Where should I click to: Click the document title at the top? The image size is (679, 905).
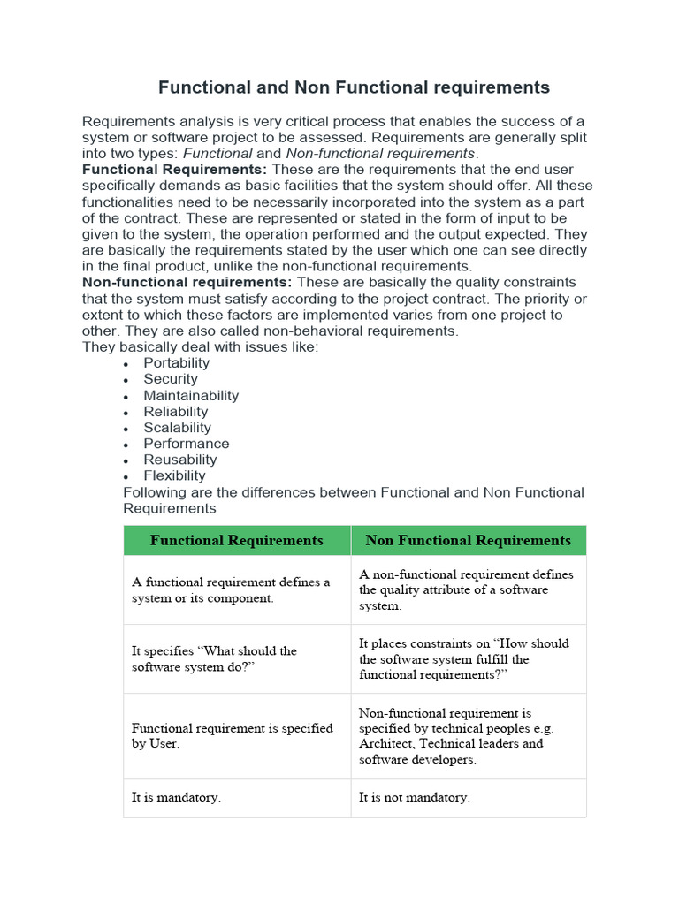click(x=354, y=87)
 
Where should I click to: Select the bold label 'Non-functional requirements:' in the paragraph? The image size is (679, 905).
click(x=187, y=282)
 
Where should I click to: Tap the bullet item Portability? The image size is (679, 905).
click(x=177, y=363)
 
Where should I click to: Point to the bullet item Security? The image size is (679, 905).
click(x=171, y=379)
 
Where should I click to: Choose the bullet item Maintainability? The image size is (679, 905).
click(x=191, y=396)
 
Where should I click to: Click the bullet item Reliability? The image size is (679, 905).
click(x=176, y=412)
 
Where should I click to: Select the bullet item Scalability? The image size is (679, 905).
click(x=178, y=428)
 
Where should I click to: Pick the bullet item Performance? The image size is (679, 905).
click(x=187, y=444)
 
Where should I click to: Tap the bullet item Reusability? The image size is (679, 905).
click(x=180, y=460)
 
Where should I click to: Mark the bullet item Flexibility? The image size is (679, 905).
click(x=175, y=475)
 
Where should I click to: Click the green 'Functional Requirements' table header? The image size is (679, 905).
click(x=237, y=540)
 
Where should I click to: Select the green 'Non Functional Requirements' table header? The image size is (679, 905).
click(x=469, y=540)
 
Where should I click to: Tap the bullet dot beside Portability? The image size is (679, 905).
click(x=127, y=364)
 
